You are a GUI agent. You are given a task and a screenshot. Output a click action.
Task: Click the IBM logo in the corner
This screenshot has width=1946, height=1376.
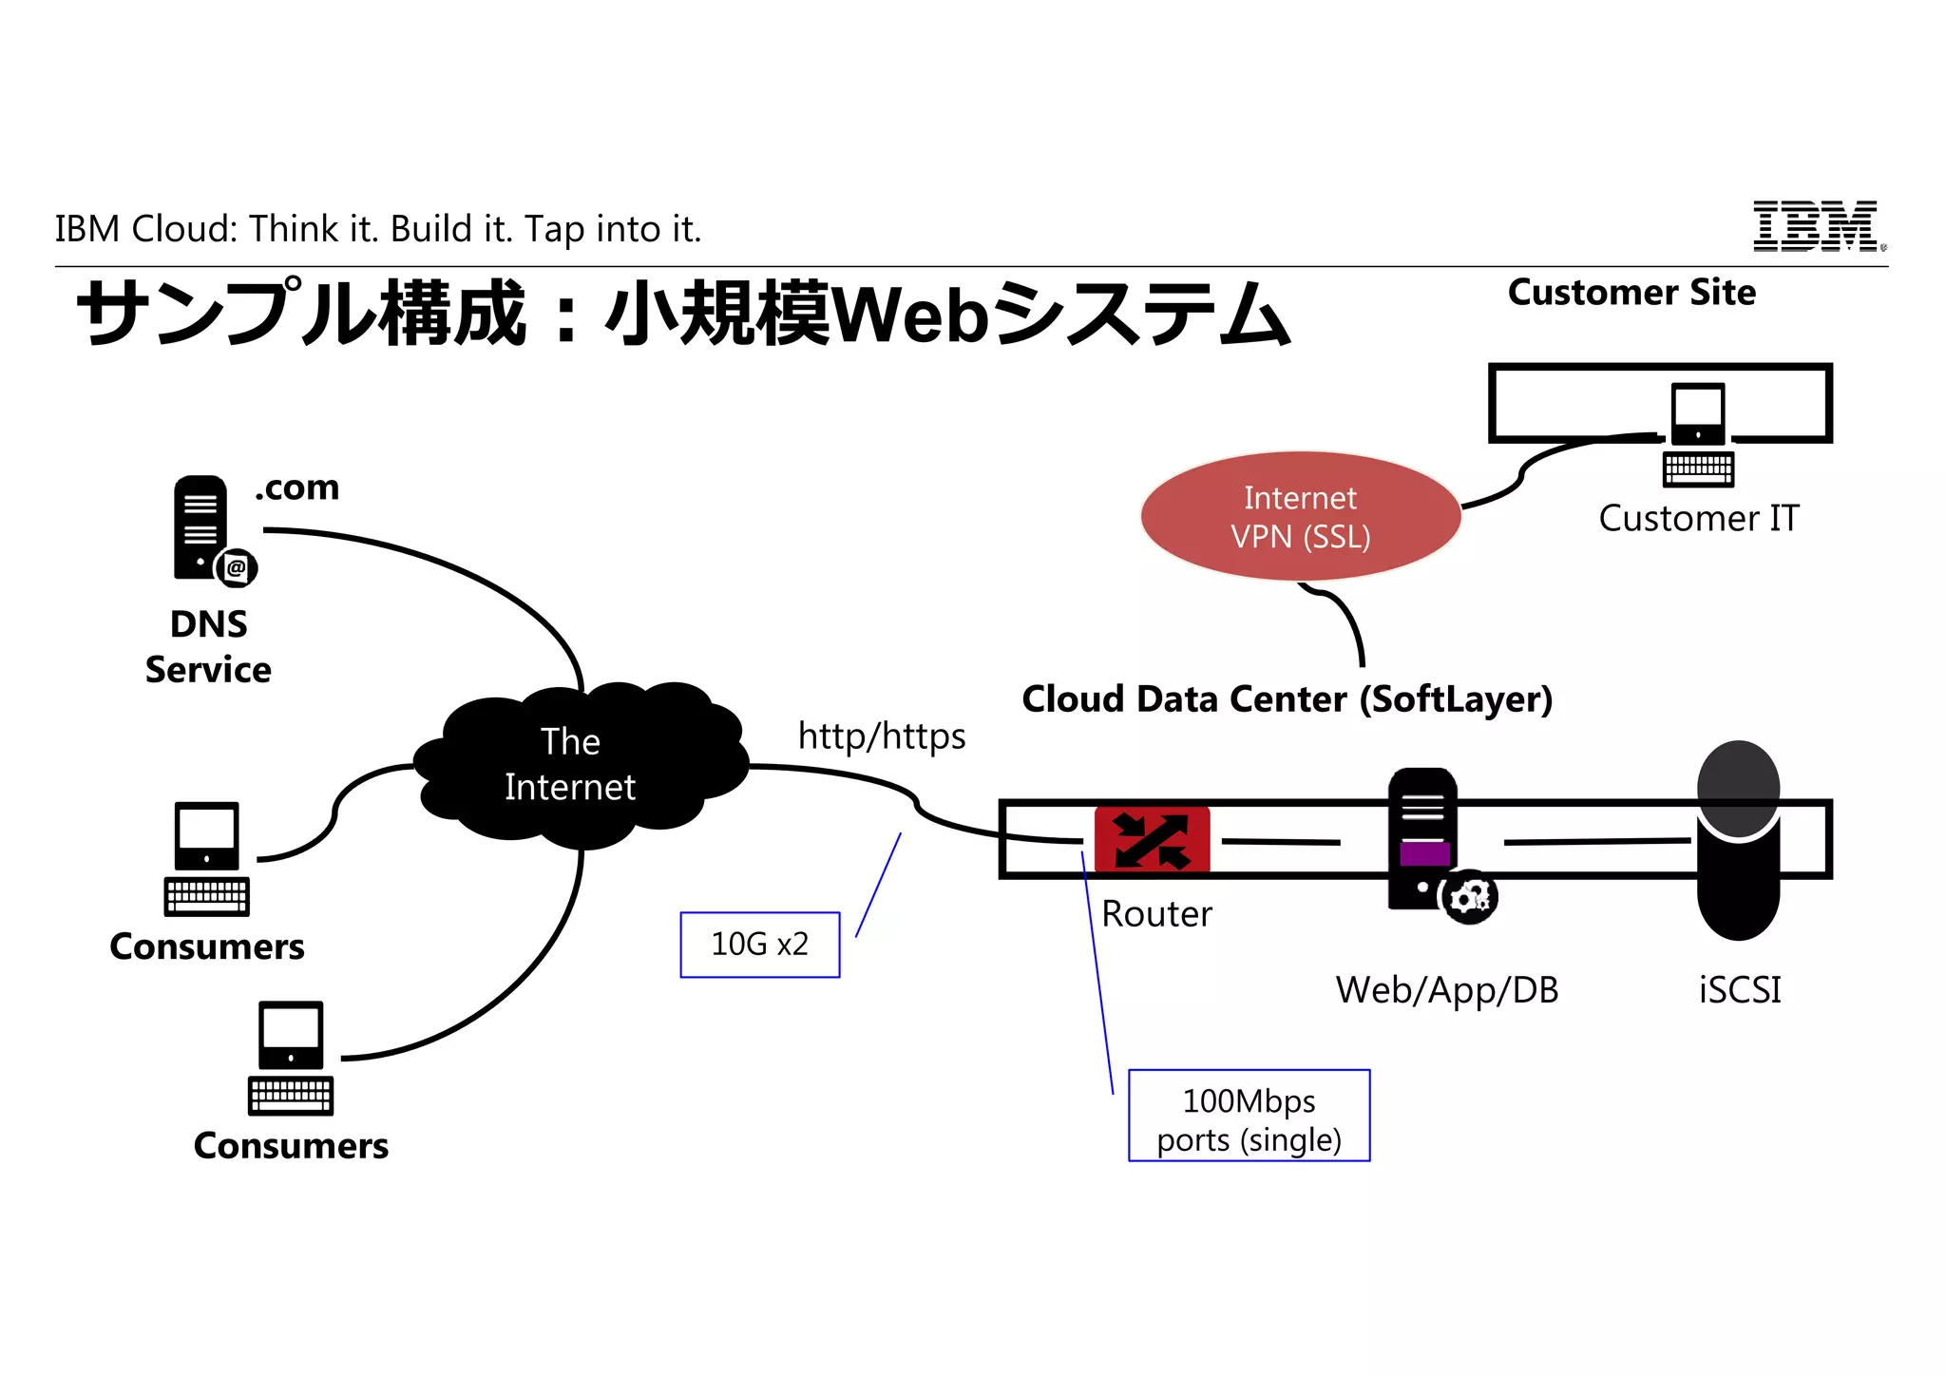1817,226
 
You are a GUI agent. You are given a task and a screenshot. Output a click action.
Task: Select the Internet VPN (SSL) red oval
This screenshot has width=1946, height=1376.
1300,516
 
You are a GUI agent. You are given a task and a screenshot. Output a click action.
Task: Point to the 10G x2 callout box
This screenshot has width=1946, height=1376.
759,945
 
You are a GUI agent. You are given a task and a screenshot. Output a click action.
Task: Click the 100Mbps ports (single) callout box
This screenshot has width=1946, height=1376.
1249,1116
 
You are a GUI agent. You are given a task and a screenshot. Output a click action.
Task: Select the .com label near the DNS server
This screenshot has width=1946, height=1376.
297,487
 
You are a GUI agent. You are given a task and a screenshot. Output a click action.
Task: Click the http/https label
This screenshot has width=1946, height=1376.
881,736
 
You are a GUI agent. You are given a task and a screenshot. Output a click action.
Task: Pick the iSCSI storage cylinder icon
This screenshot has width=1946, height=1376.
1738,840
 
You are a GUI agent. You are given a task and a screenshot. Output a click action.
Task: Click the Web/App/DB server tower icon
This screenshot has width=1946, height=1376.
1422,836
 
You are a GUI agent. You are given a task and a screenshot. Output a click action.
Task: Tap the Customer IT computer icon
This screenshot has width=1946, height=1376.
1698,432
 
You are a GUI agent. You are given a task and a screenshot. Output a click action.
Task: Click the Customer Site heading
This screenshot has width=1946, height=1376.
1631,292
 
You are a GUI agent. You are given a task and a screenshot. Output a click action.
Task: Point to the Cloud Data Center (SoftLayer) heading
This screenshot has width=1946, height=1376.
1287,699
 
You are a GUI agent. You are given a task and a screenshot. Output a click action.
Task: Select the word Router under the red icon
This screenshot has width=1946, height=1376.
1156,914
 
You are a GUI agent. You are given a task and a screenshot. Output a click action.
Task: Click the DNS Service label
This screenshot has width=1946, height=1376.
208,647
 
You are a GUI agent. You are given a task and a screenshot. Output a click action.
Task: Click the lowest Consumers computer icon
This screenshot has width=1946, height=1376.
291,1057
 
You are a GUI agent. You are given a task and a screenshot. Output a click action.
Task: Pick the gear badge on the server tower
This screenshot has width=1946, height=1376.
1470,896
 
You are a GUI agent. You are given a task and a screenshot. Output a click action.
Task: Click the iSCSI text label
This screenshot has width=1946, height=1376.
1739,990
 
